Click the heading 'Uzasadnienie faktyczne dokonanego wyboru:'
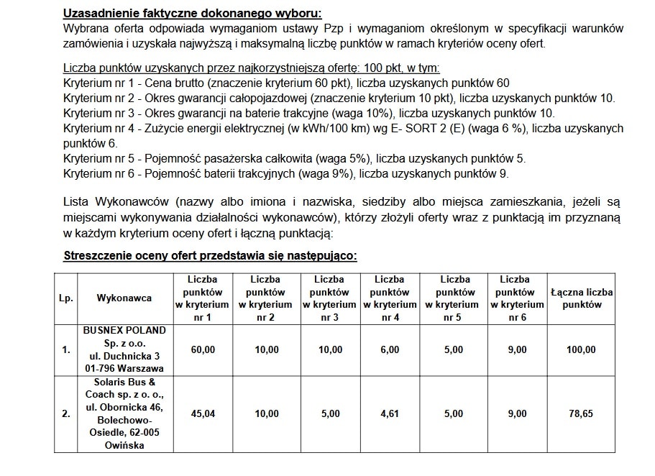[193, 14]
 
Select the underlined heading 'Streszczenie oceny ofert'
[210, 255]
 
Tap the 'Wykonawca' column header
[124, 298]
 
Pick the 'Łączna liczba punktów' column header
[581, 298]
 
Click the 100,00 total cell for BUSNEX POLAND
[581, 349]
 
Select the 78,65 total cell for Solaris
[581, 413]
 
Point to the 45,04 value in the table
[201, 413]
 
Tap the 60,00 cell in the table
[201, 349]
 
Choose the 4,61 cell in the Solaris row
[389, 413]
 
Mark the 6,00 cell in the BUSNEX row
[389, 349]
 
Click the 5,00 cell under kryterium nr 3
[330, 413]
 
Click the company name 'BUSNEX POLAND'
[124, 330]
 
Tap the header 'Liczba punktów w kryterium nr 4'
[389, 298]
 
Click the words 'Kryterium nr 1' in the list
[96, 83]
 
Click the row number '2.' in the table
[66, 413]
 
